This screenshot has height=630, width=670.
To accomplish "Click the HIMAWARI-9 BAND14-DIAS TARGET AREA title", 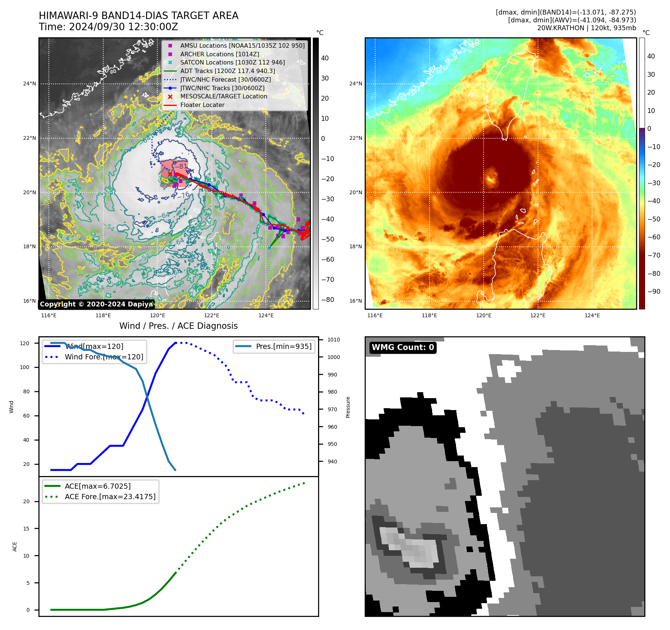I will click(138, 16).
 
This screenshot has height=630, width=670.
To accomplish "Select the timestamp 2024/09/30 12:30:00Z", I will click(123, 27).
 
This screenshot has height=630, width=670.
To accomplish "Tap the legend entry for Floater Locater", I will click(202, 105).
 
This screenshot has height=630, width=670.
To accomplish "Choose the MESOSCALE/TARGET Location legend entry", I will click(223, 97).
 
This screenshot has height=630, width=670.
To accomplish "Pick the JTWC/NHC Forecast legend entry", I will click(225, 79).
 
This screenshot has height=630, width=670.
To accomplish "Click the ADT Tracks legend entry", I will click(227, 71).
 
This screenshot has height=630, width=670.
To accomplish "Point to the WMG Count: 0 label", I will click(403, 347).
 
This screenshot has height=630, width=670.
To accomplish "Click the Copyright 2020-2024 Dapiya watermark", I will click(96, 304).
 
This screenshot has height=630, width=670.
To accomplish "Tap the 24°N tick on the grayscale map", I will click(29, 84).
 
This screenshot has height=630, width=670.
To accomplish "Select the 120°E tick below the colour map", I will click(484, 315).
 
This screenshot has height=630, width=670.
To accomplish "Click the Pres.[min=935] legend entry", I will click(283, 346).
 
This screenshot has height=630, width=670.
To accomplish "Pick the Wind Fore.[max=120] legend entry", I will click(104, 357).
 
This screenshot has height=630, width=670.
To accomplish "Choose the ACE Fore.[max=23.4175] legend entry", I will click(110, 497).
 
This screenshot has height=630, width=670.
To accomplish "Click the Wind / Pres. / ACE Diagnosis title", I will click(178, 326).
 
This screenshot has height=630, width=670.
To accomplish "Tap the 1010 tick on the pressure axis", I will click(333, 340).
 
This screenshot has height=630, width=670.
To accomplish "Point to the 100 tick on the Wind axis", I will click(25, 367).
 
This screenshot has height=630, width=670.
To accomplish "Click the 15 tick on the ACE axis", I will click(26, 529).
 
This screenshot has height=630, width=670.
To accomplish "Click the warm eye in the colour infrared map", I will click(491, 177).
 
